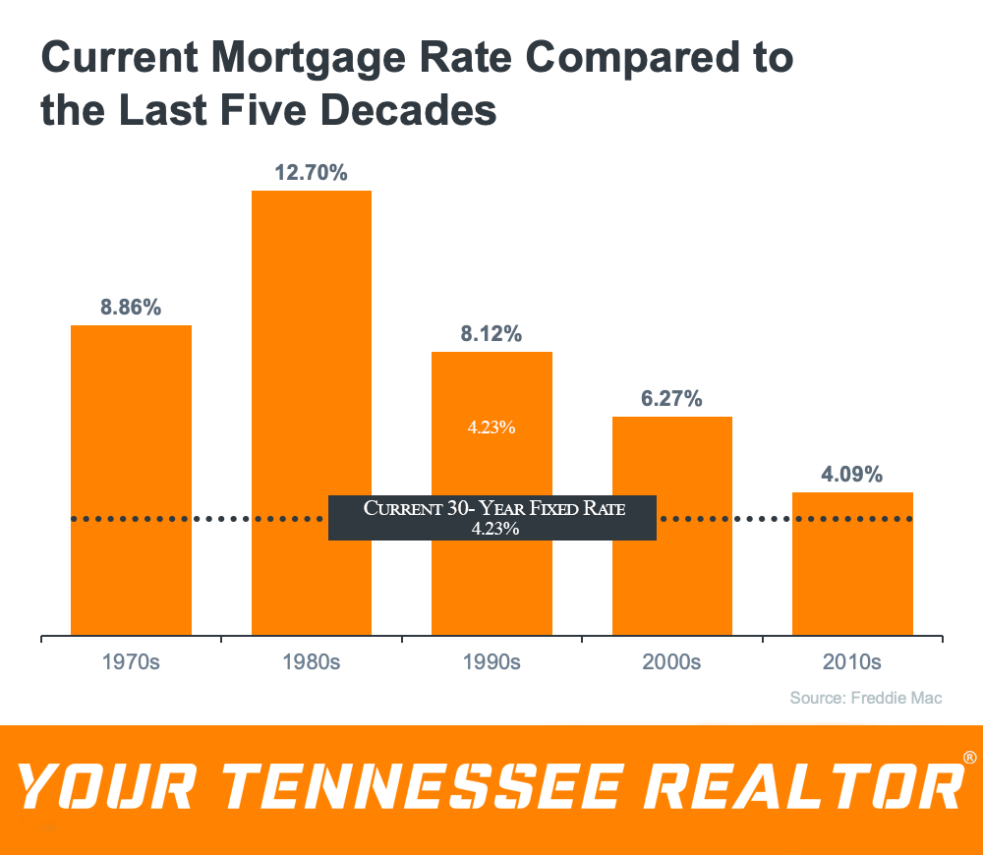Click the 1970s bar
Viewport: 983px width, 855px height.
(x=131, y=481)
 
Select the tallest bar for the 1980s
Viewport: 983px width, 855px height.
(x=312, y=413)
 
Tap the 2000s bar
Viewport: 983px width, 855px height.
(x=672, y=526)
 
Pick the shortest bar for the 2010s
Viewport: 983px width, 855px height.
(x=852, y=564)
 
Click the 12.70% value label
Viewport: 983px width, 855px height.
(x=311, y=173)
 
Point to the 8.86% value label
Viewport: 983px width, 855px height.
(x=131, y=308)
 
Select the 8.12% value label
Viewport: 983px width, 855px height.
(x=491, y=334)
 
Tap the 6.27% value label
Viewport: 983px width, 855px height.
(x=671, y=399)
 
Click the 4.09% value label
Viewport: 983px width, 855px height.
(x=852, y=475)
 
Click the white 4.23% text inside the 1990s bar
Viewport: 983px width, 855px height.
(x=491, y=427)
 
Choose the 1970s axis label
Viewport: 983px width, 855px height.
(x=131, y=662)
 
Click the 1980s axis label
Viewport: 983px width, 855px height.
(x=311, y=662)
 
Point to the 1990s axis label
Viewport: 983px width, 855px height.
(x=491, y=662)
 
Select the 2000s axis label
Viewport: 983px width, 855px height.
(x=671, y=662)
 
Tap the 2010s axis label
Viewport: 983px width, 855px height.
(x=852, y=662)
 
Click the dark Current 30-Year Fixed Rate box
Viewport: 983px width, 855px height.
(x=492, y=518)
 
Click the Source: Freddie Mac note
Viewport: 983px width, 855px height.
(x=866, y=698)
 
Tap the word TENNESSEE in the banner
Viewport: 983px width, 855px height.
(x=423, y=786)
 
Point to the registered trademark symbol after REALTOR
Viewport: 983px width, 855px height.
(x=969, y=758)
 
